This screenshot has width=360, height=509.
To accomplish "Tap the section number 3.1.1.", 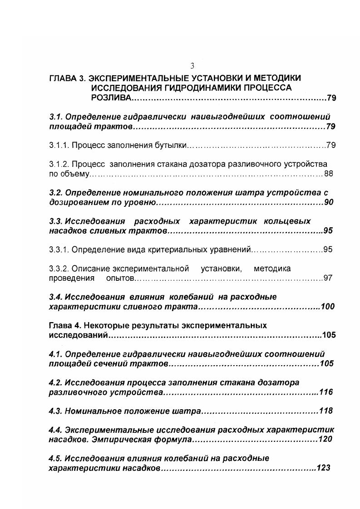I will [59, 146].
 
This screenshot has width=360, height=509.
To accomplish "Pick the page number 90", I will [329, 202].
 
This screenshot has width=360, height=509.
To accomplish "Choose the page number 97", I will [328, 278].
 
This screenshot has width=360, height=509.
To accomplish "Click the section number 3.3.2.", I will [59, 268].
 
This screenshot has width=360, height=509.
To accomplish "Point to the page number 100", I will [327, 307].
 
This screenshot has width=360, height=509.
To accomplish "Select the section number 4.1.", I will [55, 354].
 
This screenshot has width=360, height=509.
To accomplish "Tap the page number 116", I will [326, 392].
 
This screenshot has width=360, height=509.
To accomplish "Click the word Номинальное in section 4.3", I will [94, 411].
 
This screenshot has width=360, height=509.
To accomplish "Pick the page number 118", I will [326, 411].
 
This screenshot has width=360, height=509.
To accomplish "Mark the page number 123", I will [323, 468].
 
